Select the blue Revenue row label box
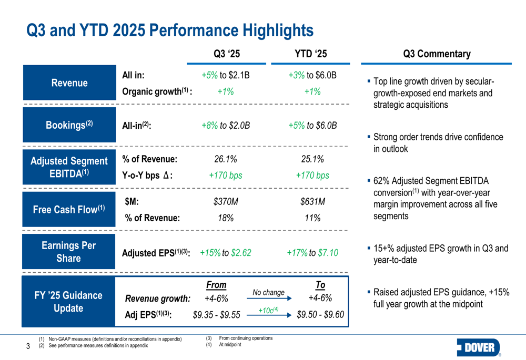(69, 83)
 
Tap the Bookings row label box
(69, 125)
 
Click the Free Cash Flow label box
(69, 209)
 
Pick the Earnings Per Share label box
(69, 252)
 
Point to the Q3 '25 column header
(227, 54)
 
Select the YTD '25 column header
(312, 54)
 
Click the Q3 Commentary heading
(437, 54)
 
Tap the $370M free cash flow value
(226, 202)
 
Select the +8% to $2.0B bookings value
(226, 126)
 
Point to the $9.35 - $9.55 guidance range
(217, 315)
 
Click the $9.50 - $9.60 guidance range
(320, 315)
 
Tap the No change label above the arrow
(268, 293)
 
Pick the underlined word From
(216, 285)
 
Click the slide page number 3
(28, 346)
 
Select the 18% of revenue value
(226, 218)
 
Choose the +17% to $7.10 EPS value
(312, 253)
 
